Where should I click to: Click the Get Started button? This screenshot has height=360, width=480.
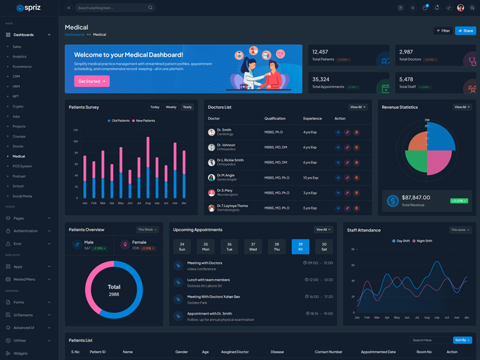(92, 81)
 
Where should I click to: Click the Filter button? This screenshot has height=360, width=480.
(443, 31)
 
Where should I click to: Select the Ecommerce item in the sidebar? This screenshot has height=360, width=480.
(22, 67)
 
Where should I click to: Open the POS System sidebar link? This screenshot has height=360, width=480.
(22, 166)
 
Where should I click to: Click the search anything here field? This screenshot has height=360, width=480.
(112, 8)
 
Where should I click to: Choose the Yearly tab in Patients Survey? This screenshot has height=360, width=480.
(187, 107)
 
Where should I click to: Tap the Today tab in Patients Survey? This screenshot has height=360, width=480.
(155, 107)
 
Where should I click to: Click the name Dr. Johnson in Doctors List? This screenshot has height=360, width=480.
(226, 145)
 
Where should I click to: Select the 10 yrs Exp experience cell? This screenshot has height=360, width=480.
(311, 178)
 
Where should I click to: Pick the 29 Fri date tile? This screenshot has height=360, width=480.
(301, 247)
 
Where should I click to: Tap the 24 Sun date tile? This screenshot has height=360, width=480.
(182, 247)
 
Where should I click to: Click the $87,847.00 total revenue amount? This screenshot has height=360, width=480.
(416, 197)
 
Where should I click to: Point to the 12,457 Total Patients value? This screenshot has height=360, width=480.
(320, 52)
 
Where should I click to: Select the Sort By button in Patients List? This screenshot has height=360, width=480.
(462, 340)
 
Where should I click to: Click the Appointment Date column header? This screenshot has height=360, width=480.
(378, 352)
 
